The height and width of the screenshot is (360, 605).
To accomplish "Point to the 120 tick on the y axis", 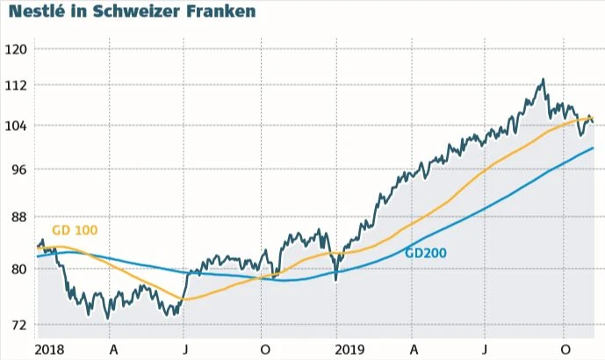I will pyautogui.click(x=17, y=48).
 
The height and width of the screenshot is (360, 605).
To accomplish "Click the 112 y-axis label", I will pyautogui.click(x=17, y=85).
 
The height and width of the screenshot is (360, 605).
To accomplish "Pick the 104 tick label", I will pyautogui.click(x=17, y=126).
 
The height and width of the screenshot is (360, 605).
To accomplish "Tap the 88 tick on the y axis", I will pyautogui.click(x=19, y=217).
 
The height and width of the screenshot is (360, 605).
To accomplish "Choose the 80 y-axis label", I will pyautogui.click(x=19, y=270).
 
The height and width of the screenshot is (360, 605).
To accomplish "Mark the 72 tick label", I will pyautogui.click(x=19, y=325).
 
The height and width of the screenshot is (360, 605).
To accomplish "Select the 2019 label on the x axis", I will pyautogui.click(x=349, y=348).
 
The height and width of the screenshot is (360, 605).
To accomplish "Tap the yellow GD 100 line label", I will pyautogui.click(x=75, y=230).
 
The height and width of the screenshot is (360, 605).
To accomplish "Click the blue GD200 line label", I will pyautogui.click(x=426, y=253).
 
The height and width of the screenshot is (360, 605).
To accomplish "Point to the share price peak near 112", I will pyautogui.click(x=544, y=80).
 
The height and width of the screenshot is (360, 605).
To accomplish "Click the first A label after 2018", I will pyautogui.click(x=112, y=348).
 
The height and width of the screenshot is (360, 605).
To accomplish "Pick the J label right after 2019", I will pyautogui.click(x=485, y=348).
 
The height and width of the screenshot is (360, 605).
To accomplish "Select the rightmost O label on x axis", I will pyautogui.click(x=565, y=348).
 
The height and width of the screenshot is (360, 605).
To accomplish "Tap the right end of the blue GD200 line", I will pyautogui.click(x=594, y=148).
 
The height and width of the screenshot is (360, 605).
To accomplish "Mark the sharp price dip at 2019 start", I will pyautogui.click(x=336, y=279).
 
